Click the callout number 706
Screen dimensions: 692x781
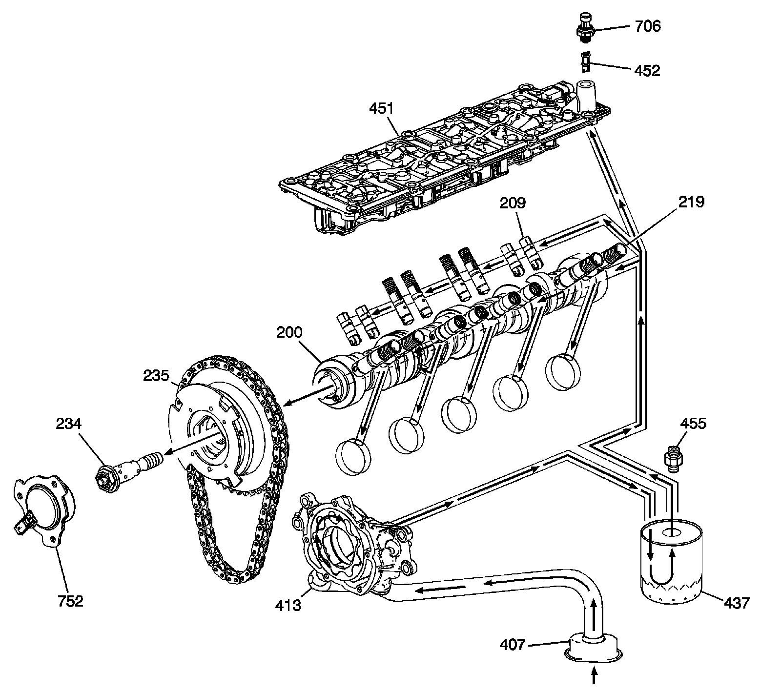[x=648, y=26]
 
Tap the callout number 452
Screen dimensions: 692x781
[x=647, y=71]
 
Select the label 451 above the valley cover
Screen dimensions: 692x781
[x=381, y=109]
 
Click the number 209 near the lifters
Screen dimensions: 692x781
[x=512, y=203]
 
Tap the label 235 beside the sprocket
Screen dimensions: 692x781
[x=156, y=376]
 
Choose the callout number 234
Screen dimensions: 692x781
[x=68, y=424]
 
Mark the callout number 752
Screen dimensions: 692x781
[x=71, y=601]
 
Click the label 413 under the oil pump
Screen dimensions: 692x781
[x=288, y=606]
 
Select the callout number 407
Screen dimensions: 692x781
[x=513, y=645]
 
